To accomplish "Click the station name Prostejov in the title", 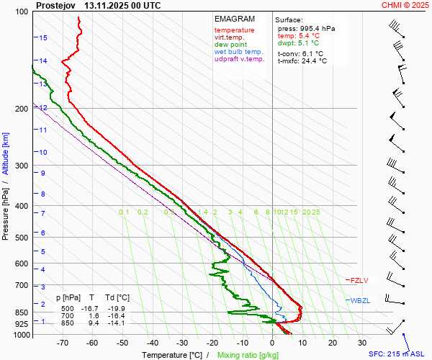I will pos(55,5).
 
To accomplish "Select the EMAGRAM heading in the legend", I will pos(235,19).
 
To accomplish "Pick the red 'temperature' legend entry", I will pos(234,30).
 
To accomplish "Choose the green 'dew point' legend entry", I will pos(230,45).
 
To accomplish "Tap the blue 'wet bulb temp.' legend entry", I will pos(239,52).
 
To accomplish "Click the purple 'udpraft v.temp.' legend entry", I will pos(240,59).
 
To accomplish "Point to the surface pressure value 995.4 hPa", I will pos(317,28).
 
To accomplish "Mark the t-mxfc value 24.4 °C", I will pos(313,61).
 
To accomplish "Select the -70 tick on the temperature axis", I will pos(62,343).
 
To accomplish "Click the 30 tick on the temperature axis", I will pos(362,343).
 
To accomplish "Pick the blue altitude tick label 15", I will pos(43,37).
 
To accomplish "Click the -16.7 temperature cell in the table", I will pos(91,308).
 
